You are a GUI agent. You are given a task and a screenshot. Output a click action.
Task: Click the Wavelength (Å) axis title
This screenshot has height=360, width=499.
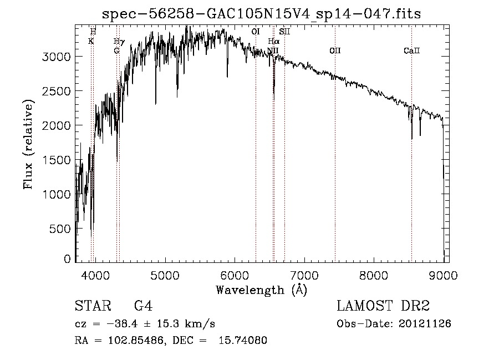pos(261,289)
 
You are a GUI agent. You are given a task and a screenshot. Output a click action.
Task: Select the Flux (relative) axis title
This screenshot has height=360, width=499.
pos(28,144)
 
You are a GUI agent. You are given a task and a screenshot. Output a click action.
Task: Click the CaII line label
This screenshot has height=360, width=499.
pos(411,51)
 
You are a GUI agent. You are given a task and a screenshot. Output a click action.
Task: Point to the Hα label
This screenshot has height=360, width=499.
pos(273,41)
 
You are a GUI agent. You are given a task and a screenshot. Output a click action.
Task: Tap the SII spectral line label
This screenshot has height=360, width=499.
pos(284,32)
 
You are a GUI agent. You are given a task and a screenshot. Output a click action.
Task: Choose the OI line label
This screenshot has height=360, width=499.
pos(256,32)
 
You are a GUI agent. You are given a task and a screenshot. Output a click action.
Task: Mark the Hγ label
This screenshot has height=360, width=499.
pos(119,41)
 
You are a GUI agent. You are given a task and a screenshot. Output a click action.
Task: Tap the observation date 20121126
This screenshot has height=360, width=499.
pos(426,323)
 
